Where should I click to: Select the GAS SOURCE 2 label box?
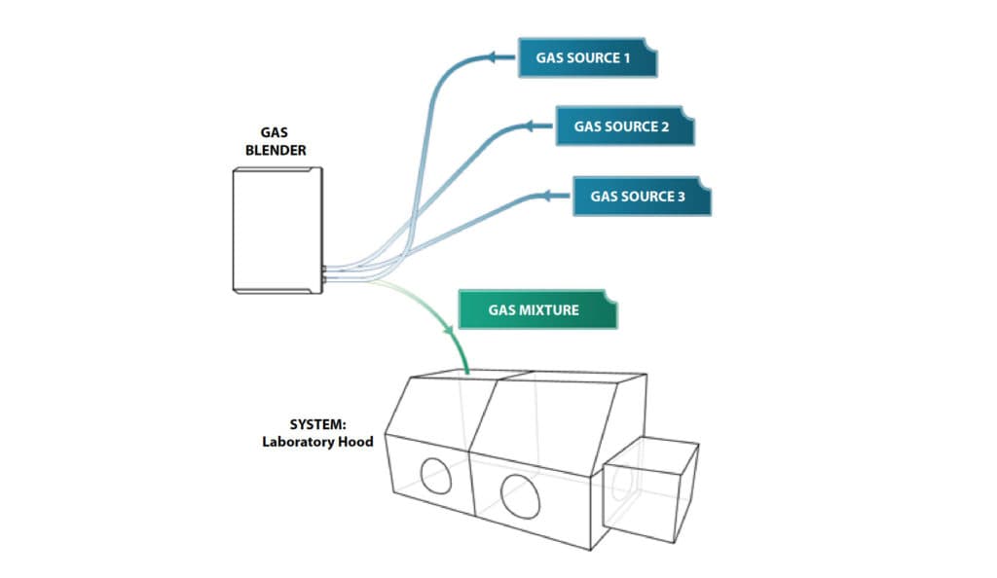click(624, 126)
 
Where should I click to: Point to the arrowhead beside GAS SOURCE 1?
click(498, 58)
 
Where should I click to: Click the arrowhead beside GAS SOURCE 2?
click(534, 126)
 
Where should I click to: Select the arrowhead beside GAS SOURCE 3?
click(551, 197)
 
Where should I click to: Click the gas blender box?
click(277, 230)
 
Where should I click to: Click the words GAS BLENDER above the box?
click(283, 142)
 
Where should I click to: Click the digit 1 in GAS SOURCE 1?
click(627, 58)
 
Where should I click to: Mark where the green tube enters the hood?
click(468, 374)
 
